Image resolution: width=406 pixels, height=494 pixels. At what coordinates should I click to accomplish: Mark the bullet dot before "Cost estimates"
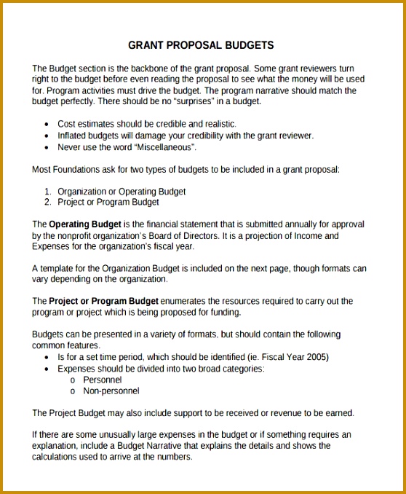pos(47,125)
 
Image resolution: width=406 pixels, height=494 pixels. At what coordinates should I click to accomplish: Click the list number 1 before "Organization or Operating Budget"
pos(47,192)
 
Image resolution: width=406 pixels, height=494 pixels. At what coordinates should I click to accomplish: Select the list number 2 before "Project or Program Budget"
pos(47,202)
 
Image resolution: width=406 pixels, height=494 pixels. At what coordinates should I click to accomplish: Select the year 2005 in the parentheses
pos(316,357)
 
